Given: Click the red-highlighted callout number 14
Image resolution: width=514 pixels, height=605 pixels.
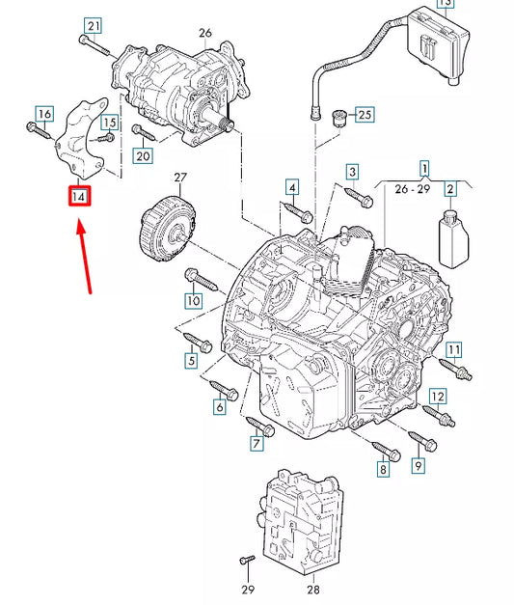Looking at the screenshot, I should pyautogui.click(x=79, y=197).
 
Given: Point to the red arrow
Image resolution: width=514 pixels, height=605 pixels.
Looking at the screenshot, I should pyautogui.click(x=86, y=256).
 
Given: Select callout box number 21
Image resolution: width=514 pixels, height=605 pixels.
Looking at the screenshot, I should pyautogui.click(x=93, y=25).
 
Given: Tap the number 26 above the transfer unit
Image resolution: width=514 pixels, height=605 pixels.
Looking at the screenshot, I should pyautogui.click(x=204, y=32).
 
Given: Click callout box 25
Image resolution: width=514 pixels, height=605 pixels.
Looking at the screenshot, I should pyautogui.click(x=363, y=116).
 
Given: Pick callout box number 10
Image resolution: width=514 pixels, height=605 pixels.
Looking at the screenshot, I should pyautogui.click(x=193, y=300).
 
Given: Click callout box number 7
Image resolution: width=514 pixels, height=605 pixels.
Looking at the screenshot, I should pyautogui.click(x=257, y=444).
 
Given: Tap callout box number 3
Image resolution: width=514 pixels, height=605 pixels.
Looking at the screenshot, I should pyautogui.click(x=352, y=173).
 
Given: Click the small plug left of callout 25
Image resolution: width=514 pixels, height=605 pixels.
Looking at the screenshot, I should pyautogui.click(x=337, y=119).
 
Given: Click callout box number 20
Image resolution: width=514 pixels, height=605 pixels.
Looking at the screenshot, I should pyautogui.click(x=143, y=155).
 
